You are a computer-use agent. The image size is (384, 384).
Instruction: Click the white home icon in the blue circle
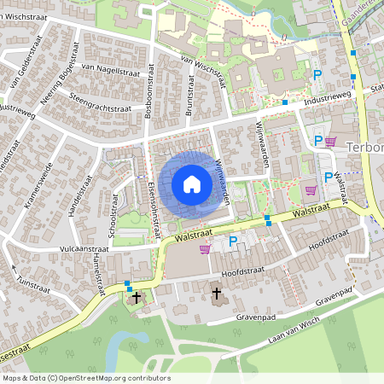click(192, 183)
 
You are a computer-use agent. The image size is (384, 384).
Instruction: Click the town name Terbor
click(365, 147)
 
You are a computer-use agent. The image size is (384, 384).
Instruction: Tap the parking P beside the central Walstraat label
click(233, 241)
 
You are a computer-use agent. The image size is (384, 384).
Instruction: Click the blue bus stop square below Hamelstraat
click(128, 284)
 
